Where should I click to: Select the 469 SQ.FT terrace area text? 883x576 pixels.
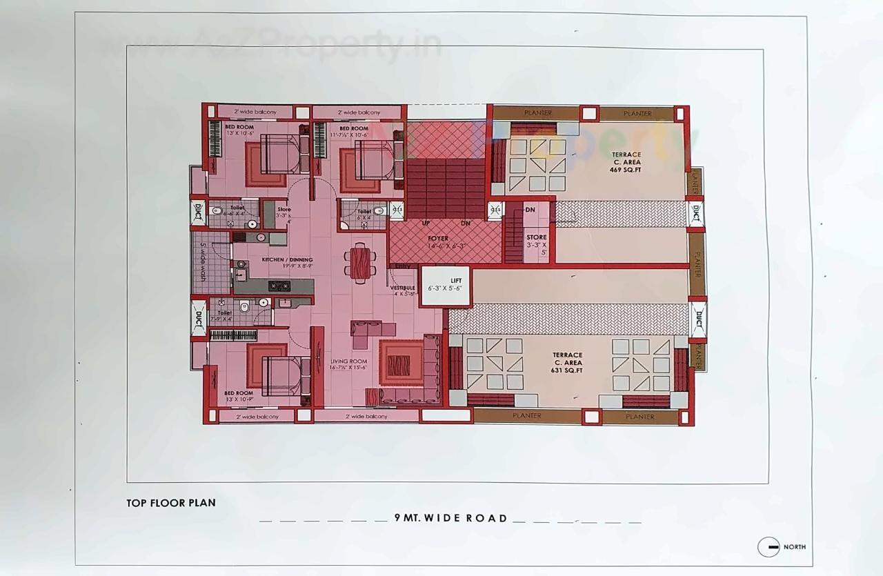click(626, 169)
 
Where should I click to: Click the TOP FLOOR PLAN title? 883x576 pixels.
click(171, 503)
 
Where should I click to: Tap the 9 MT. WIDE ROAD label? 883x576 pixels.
click(451, 518)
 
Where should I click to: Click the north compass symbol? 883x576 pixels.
click(768, 547)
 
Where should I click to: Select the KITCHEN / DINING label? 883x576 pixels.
click(287, 260)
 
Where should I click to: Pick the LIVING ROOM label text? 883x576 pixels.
click(348, 361)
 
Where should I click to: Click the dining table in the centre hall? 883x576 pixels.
click(360, 263)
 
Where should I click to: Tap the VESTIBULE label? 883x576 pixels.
click(402, 288)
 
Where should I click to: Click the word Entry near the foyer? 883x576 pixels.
click(402, 266)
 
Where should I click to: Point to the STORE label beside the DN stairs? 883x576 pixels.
click(536, 237)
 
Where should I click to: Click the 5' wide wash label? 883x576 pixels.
click(203, 263)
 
